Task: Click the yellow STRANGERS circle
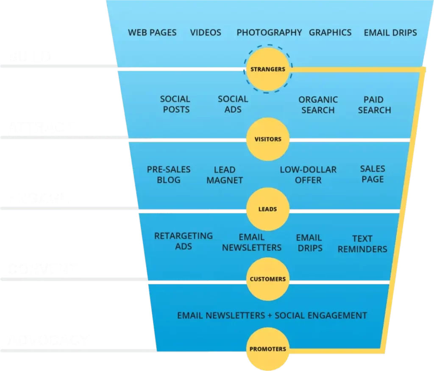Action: (268, 69)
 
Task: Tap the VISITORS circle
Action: (268, 139)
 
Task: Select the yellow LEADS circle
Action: (268, 209)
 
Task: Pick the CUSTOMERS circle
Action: (268, 279)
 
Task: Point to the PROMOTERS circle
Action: (268, 349)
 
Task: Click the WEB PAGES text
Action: (152, 33)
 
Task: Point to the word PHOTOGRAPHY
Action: (269, 33)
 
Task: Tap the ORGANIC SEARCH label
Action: (318, 105)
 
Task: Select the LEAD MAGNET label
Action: (225, 175)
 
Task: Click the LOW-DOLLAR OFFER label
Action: (308, 175)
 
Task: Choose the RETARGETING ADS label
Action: (184, 241)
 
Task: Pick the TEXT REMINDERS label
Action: (362, 244)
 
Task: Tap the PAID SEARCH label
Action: (374, 105)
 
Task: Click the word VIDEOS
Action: (206, 33)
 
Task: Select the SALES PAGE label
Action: (373, 174)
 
